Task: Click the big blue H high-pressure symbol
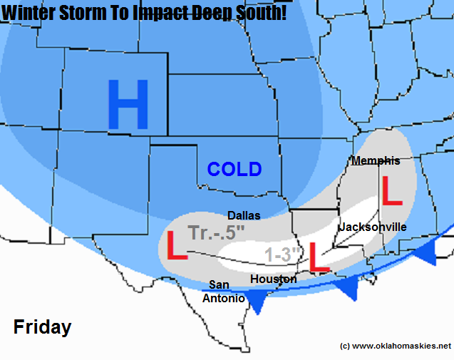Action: (x=128, y=105)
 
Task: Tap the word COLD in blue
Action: (x=234, y=170)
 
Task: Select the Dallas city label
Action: (x=244, y=215)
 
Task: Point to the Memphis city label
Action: (x=376, y=161)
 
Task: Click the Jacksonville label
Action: (x=372, y=227)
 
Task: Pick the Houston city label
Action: (x=274, y=279)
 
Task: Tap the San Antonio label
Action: (x=224, y=292)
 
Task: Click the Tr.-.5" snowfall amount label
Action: (x=217, y=233)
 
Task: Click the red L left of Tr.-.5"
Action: (x=176, y=245)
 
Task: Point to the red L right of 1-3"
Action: (x=319, y=257)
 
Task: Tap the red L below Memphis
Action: (x=392, y=190)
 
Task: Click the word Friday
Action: (x=42, y=327)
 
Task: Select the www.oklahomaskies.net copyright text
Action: (x=396, y=346)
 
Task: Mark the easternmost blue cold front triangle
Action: (x=428, y=252)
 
